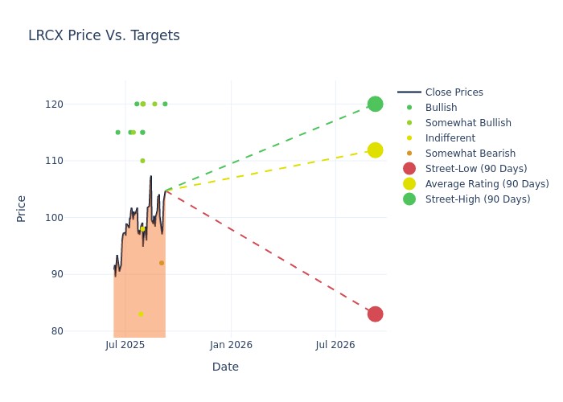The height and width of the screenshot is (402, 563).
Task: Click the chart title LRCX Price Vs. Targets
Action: tap(104, 35)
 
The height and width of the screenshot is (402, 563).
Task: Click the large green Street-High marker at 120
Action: tap(375, 104)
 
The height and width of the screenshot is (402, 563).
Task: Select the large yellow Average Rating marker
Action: tap(375, 150)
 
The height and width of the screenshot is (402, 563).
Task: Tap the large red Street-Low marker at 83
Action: tap(375, 314)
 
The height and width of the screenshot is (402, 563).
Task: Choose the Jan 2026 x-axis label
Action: tap(231, 346)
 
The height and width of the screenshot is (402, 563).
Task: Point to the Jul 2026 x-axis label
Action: tap(335, 346)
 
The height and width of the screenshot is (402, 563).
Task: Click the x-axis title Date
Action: tap(225, 367)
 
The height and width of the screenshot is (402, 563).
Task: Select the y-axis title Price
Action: tap(22, 208)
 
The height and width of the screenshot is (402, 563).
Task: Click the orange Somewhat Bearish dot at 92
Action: tap(162, 263)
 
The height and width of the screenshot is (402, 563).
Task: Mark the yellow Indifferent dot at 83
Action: tap(141, 314)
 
